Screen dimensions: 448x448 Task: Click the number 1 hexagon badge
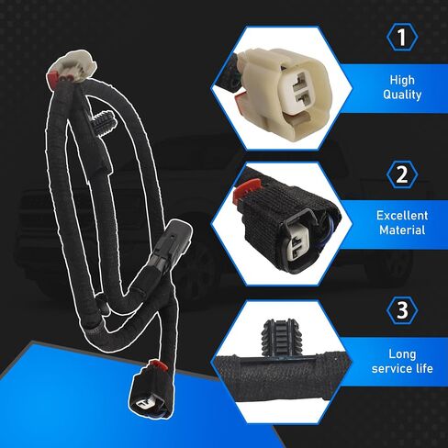[x=402, y=37]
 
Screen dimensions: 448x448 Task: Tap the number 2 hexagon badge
[x=402, y=174]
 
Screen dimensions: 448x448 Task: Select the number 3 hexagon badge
[x=402, y=310]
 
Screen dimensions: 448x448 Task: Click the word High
[x=402, y=80]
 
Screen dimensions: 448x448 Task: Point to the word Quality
[x=402, y=95]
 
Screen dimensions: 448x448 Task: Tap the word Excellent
[x=402, y=216]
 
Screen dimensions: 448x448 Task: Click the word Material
[x=402, y=230]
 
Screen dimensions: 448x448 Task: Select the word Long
[x=402, y=354]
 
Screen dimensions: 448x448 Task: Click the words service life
[x=402, y=368]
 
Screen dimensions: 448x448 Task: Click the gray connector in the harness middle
[x=170, y=245]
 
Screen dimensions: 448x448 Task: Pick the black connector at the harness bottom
[x=151, y=391]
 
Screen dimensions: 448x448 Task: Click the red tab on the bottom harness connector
[x=158, y=365]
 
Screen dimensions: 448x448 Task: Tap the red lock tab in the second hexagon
[x=247, y=192]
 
